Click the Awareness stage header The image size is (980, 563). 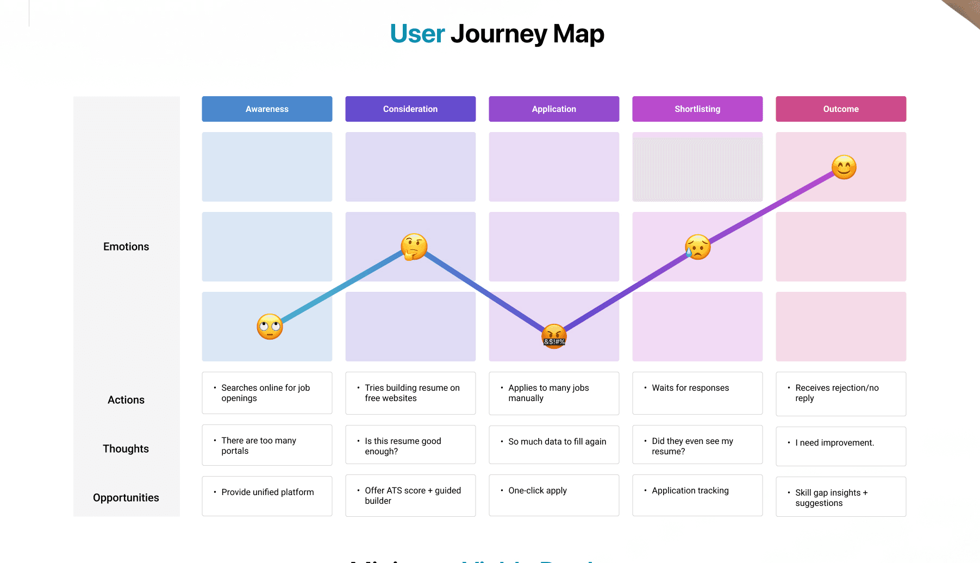tap(267, 109)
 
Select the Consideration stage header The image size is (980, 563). tap(410, 109)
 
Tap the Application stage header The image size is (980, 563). tap(554, 109)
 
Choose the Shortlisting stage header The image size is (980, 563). tap(697, 109)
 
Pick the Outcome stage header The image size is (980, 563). tap(841, 109)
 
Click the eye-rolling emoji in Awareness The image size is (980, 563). tap(270, 327)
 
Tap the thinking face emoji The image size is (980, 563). tap(414, 247)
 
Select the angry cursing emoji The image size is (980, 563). tap(554, 336)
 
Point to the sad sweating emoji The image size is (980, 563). tap(698, 247)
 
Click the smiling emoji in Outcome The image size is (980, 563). tap(844, 167)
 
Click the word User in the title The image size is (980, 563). tap(417, 34)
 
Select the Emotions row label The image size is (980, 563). tap(126, 247)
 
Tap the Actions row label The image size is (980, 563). tap(126, 400)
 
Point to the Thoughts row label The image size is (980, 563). tap(126, 449)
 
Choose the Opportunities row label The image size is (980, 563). tap(126, 498)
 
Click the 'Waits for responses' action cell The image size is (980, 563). tap(697, 393)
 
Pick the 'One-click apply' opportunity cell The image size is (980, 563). tap(554, 495)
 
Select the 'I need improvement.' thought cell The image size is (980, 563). tap(841, 446)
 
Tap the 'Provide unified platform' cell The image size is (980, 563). tap(267, 496)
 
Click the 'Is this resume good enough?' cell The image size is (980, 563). tap(410, 445)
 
